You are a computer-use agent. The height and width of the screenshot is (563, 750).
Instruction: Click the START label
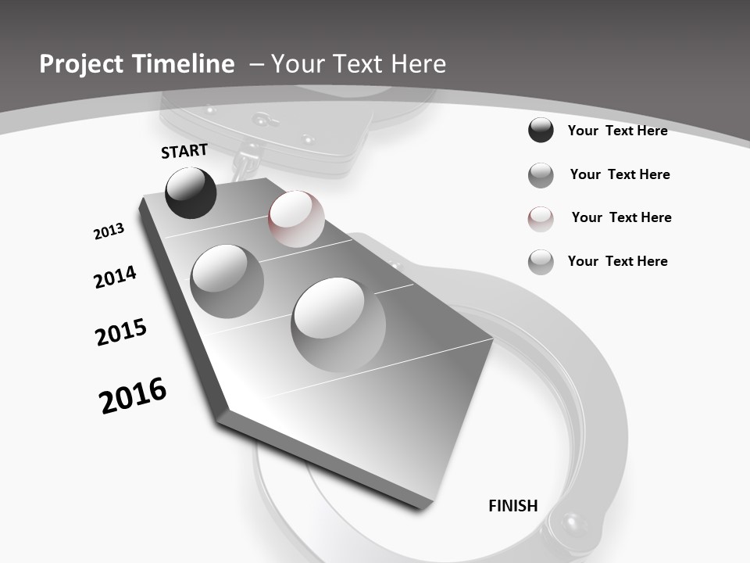tap(184, 151)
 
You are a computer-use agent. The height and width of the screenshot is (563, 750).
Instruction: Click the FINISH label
tap(513, 506)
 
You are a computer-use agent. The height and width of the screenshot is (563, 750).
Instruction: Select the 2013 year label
tap(109, 231)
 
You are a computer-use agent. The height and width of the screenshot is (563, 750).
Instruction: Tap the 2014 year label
tap(115, 278)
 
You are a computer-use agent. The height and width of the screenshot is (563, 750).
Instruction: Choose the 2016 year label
tap(133, 396)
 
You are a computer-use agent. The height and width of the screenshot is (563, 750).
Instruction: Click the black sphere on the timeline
tap(191, 192)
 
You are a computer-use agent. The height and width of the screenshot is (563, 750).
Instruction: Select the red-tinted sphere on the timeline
tap(296, 218)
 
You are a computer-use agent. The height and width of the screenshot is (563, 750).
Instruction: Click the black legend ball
tap(541, 131)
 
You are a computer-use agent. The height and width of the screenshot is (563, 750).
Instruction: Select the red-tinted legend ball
tap(541, 219)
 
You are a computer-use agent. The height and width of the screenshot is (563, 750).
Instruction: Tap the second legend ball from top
tap(541, 175)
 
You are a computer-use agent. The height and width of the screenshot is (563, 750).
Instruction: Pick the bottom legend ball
tap(541, 262)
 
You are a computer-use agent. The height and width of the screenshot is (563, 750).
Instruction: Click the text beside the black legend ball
tap(617, 131)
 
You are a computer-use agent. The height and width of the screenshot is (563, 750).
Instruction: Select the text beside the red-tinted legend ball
tap(621, 217)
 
